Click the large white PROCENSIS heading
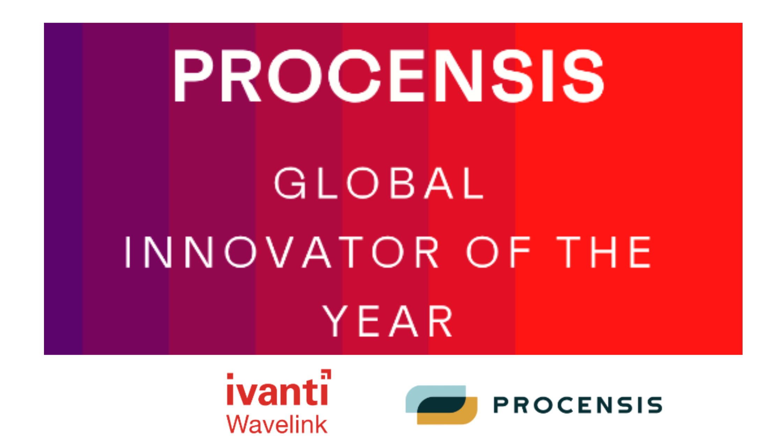pos(389,76)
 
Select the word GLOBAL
pos(379,183)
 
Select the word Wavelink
pos(277,424)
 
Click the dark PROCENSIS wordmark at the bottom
pos(578,405)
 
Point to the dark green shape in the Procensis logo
pos(442,405)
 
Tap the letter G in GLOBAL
pos(290,183)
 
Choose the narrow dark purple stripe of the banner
pos(63,189)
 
